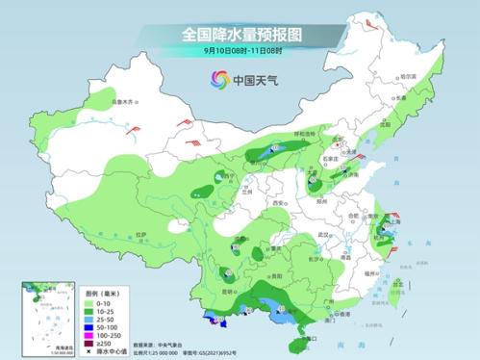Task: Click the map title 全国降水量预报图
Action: tap(240, 34)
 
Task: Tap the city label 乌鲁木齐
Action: tap(119, 101)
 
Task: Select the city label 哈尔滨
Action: tap(410, 76)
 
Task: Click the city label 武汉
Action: tap(324, 235)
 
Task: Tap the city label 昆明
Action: tap(227, 290)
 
